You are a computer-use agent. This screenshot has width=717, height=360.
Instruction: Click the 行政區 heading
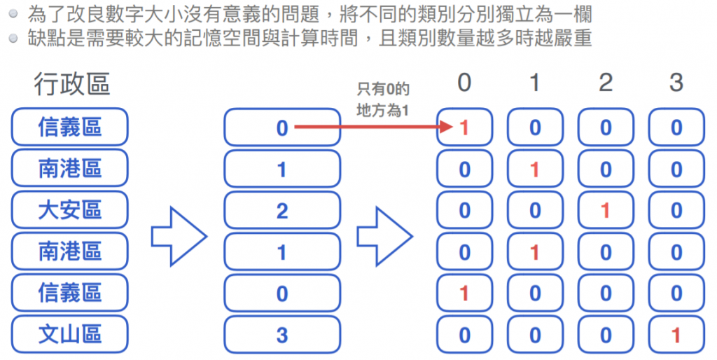point(71,85)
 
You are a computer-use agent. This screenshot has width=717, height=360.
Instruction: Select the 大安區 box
point(70,209)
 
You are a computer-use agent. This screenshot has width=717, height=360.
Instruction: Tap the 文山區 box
point(70,334)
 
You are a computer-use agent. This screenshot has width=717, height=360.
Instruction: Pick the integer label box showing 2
point(282,210)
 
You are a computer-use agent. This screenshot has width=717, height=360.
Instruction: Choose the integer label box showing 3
point(282,335)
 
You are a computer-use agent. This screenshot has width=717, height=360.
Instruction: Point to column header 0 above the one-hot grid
point(464,83)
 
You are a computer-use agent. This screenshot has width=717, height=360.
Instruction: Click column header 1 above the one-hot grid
point(535,83)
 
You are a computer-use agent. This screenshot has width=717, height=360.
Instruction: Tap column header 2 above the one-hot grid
point(606,83)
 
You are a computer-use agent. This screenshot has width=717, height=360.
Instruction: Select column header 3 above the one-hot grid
point(676,83)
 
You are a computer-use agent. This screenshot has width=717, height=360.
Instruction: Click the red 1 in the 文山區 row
point(676,335)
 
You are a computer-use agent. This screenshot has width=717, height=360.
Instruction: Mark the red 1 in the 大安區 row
point(606,210)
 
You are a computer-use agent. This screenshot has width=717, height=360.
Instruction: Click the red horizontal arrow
point(371,127)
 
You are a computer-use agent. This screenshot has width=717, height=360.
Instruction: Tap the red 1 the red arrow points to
point(464,127)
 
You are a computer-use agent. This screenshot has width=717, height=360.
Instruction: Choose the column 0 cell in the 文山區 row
point(464,335)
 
